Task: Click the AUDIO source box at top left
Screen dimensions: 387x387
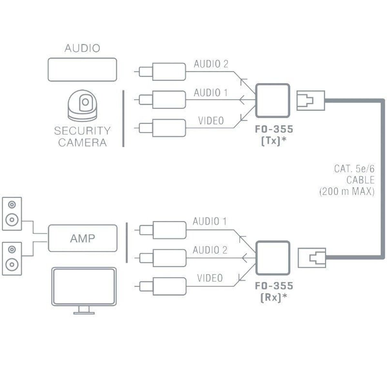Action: (x=82, y=69)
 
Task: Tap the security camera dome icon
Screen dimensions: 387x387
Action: (x=82, y=105)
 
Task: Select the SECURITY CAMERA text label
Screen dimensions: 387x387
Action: (x=82, y=136)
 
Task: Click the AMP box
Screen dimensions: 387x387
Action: (x=83, y=238)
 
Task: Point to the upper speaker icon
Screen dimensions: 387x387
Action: (x=12, y=214)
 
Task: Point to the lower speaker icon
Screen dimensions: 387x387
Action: (x=12, y=259)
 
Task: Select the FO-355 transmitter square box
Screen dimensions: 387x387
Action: (x=273, y=101)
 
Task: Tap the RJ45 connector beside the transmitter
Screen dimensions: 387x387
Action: (x=310, y=101)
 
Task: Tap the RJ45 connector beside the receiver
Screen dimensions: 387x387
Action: (x=312, y=258)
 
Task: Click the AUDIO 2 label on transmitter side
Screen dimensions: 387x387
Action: (x=211, y=64)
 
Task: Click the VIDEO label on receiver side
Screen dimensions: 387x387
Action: (x=210, y=278)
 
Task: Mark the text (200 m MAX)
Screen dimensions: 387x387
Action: (x=347, y=192)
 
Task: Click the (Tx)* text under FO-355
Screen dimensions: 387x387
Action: (x=274, y=141)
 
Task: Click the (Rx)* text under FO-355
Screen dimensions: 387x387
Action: (x=273, y=297)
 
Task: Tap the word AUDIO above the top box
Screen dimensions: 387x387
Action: (x=82, y=48)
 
